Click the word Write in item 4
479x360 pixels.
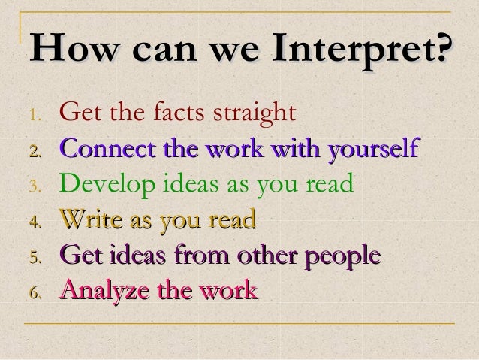click(x=89, y=219)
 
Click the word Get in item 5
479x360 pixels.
click(x=77, y=254)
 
